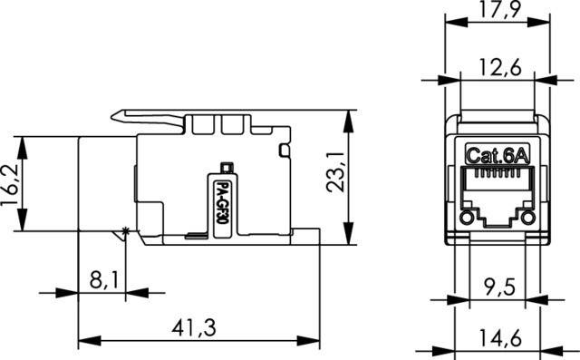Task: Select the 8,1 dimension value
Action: (x=102, y=280)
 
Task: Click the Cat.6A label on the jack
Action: (x=497, y=155)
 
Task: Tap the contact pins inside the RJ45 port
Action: (x=497, y=193)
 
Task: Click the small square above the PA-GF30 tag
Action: (x=227, y=166)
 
